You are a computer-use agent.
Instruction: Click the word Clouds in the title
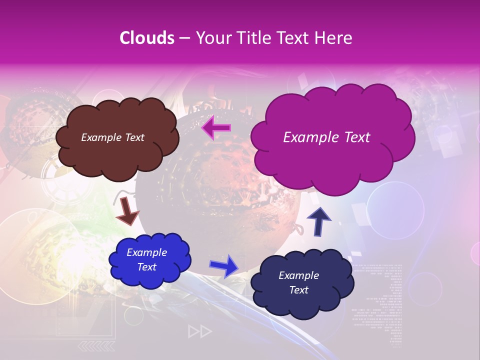coord(147,38)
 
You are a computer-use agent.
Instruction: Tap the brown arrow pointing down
coord(127,210)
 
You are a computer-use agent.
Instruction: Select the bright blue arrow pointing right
coord(224,266)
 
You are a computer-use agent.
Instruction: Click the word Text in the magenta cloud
coord(354,137)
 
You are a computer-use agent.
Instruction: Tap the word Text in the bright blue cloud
coord(146,267)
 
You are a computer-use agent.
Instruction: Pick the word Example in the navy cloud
coord(298,275)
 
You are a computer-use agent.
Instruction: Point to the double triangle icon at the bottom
coord(199,331)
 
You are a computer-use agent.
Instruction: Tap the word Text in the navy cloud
coord(298,290)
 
